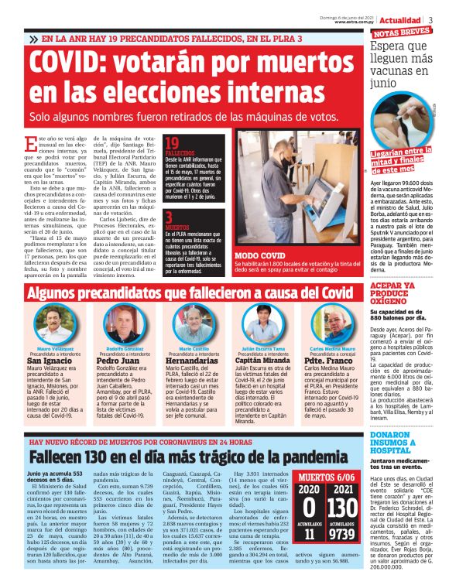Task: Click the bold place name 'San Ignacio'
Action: pos(51,361)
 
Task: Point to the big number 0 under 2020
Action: pos(308,508)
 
